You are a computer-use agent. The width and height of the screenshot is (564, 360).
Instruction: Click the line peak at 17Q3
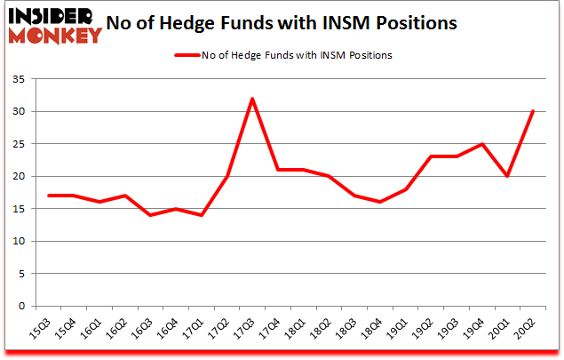click(252, 99)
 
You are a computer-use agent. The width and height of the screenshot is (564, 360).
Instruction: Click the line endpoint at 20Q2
click(532, 112)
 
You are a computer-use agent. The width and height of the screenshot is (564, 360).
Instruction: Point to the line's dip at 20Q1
click(506, 176)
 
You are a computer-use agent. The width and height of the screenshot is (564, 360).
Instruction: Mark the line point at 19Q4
click(481, 144)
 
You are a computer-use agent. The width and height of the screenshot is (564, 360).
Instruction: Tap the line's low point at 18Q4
click(379, 202)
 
